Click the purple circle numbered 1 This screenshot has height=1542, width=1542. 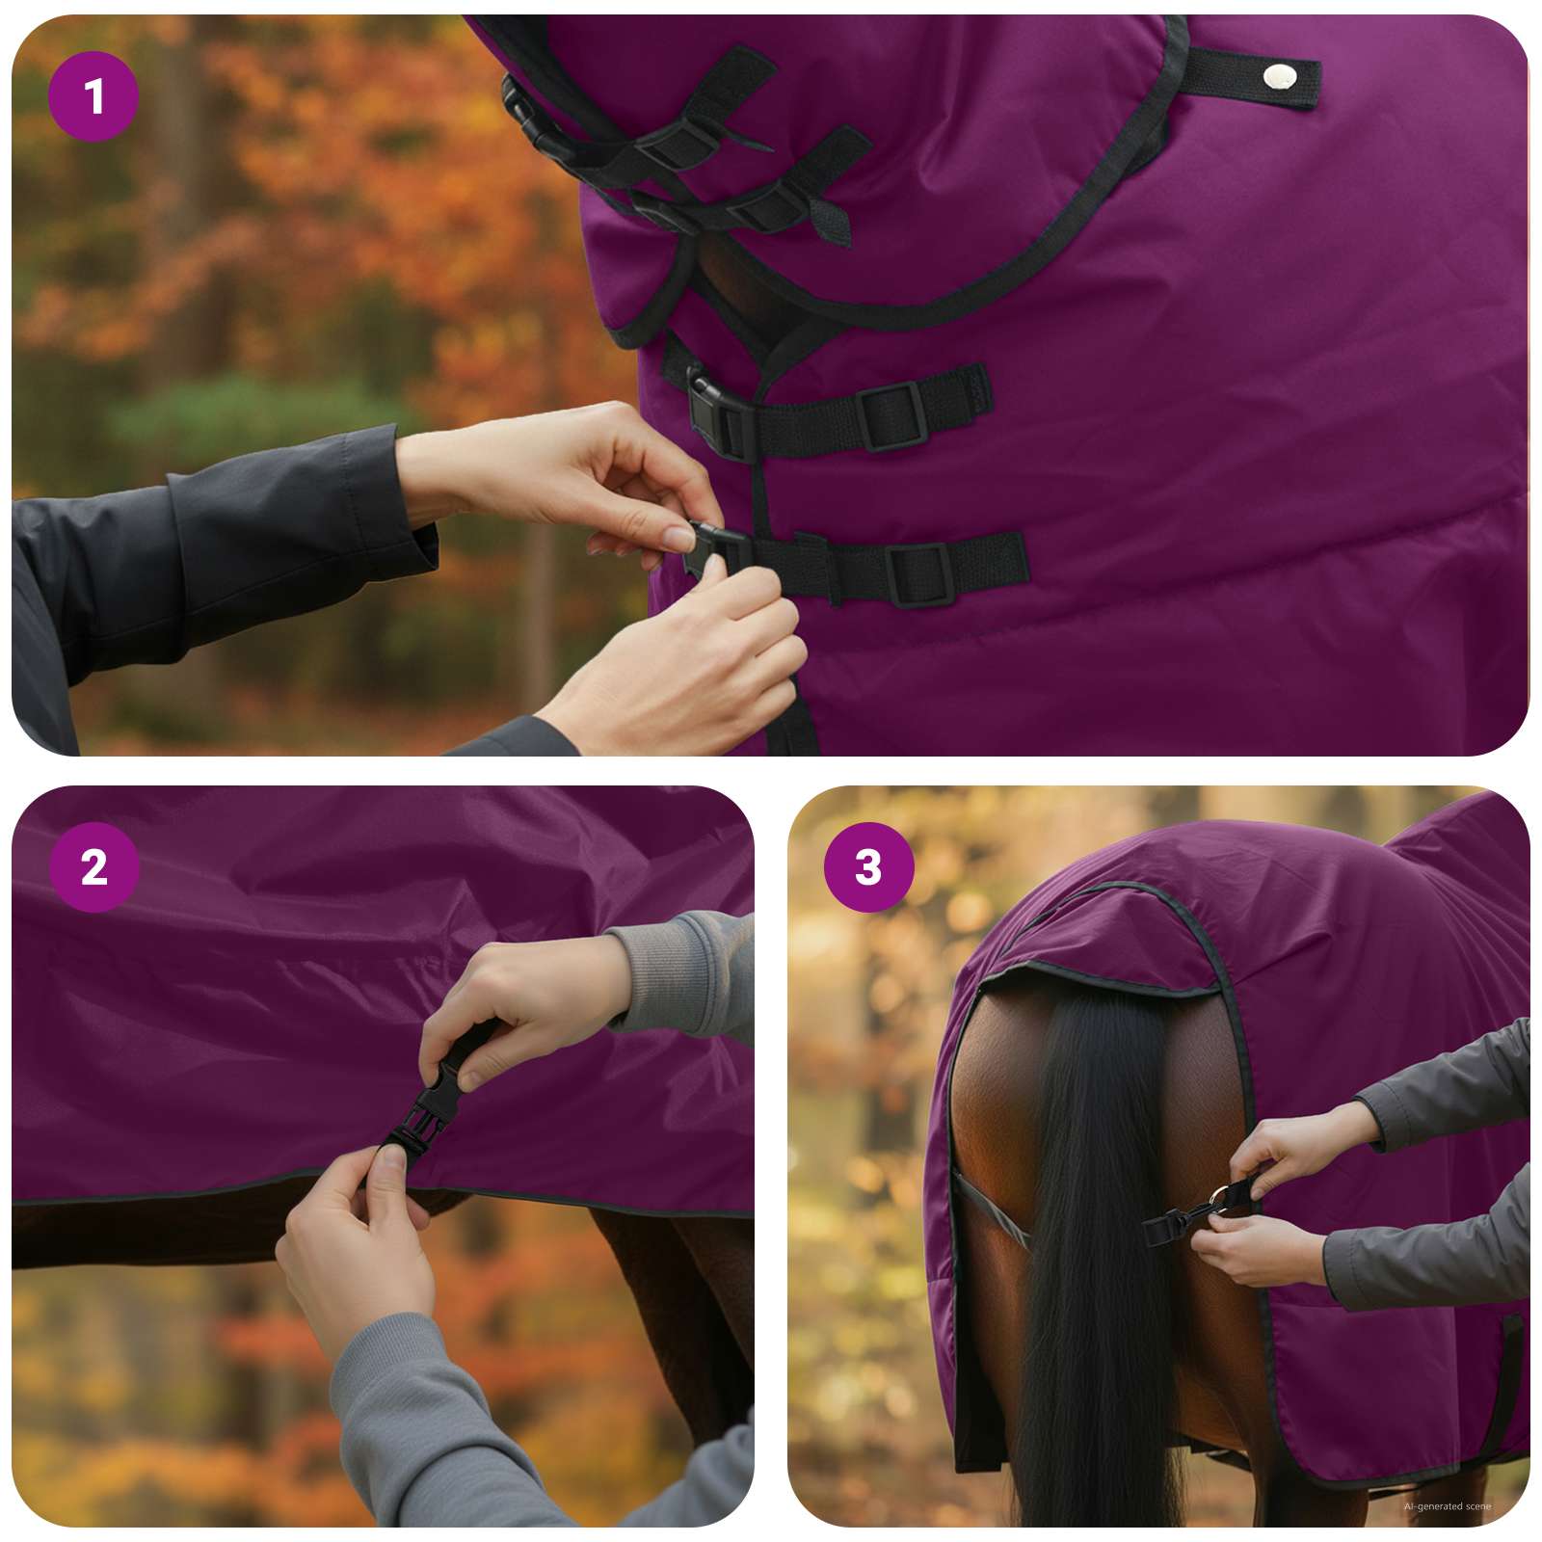(93, 96)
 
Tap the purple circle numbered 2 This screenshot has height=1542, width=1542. (93, 867)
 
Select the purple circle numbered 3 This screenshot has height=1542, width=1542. (868, 867)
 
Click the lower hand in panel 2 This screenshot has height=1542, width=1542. (357, 1243)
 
